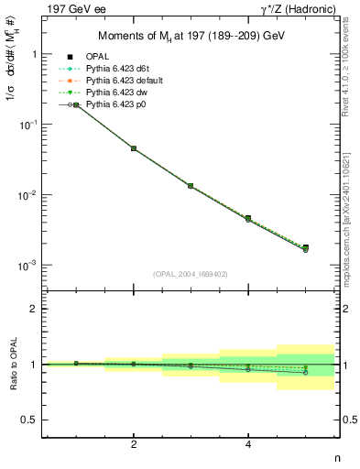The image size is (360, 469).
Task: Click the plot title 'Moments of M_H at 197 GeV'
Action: [x=191, y=37]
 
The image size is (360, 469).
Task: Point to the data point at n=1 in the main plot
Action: [x=76, y=105]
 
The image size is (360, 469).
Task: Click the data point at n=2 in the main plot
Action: [x=134, y=148]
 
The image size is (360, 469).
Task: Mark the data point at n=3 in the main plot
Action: [x=191, y=186]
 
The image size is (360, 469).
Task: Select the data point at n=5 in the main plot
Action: [x=305, y=247]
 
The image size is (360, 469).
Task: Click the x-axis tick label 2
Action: [x=134, y=444]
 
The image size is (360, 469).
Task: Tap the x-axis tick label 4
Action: [x=248, y=444]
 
